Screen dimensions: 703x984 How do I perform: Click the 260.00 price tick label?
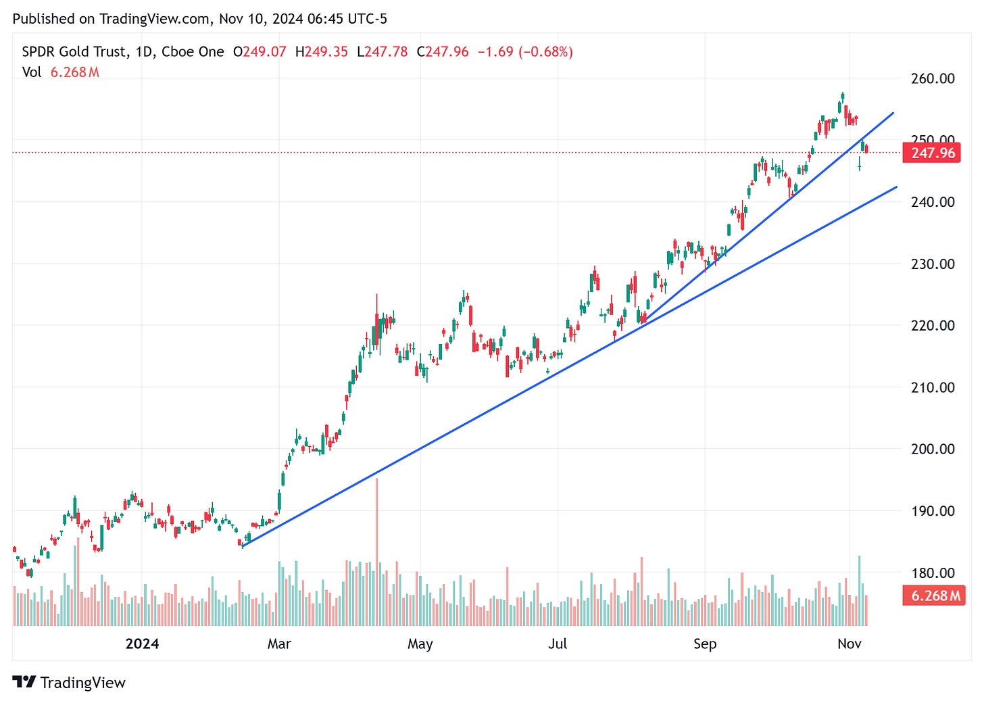[933, 78]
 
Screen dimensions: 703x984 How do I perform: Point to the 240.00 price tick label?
[933, 202]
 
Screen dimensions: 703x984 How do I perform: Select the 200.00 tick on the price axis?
[933, 449]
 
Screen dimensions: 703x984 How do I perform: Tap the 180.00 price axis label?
[933, 573]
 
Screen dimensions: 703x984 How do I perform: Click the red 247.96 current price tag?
[933, 153]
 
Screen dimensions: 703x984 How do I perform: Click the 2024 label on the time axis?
[142, 644]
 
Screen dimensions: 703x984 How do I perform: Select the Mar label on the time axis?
[279, 644]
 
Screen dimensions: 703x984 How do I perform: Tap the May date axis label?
[420, 644]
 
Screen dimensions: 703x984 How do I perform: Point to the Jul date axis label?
[558, 644]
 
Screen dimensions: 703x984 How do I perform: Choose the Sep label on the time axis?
[705, 644]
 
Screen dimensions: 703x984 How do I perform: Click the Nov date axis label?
[850, 644]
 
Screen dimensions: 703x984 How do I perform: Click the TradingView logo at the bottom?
[69, 683]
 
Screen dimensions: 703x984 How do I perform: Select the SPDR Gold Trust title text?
[74, 52]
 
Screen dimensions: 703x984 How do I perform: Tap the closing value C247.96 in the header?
[443, 52]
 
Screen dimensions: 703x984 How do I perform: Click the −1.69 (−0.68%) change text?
[525, 52]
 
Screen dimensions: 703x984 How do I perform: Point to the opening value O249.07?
[260, 52]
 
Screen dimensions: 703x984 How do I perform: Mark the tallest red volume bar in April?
[376, 551]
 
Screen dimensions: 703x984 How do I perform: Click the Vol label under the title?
[32, 72]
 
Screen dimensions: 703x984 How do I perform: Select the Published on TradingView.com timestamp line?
[200, 18]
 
